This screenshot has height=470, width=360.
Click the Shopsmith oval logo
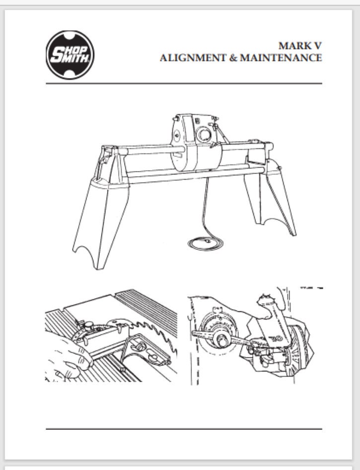[70, 55]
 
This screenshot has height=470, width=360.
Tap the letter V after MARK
[316, 46]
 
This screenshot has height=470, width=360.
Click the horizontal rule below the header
[184, 83]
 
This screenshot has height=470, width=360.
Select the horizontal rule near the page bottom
[184, 428]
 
